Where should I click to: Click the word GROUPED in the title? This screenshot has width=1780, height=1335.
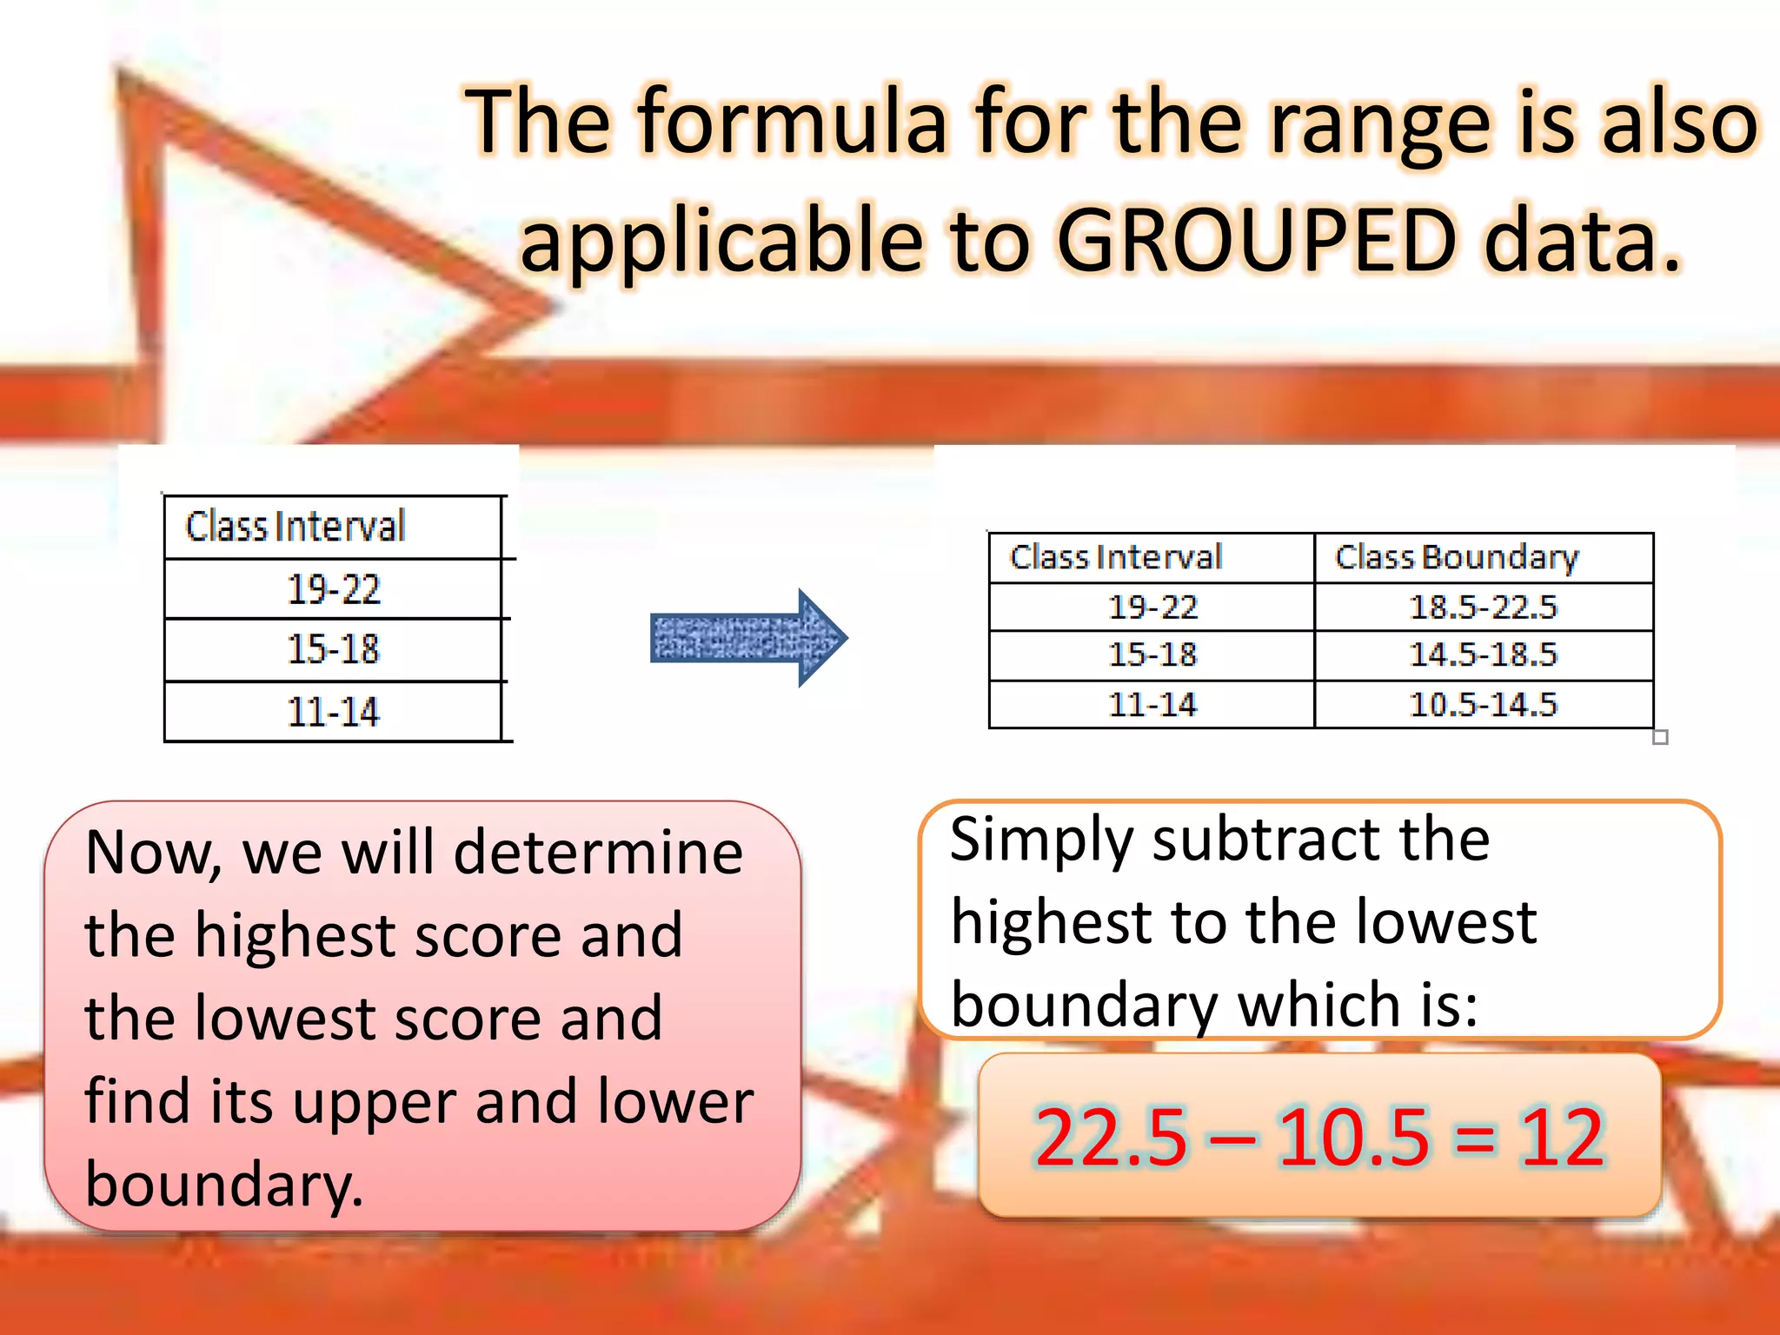click(1256, 240)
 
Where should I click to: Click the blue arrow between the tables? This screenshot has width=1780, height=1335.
click(748, 638)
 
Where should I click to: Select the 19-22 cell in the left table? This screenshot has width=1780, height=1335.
click(334, 589)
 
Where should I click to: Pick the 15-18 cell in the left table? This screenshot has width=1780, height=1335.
click(334, 649)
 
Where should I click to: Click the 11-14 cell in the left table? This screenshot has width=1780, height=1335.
click(334, 712)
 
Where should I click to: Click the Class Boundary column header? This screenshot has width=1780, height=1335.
click(1457, 557)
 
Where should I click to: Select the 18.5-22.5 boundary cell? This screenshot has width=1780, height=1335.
click(1483, 607)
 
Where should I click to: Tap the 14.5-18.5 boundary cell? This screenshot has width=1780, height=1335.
click(1483, 654)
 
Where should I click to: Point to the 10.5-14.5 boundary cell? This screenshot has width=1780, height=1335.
click(1483, 704)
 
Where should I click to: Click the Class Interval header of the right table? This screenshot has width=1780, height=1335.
click(1116, 557)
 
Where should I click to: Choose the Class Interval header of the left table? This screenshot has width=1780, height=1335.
click(296, 527)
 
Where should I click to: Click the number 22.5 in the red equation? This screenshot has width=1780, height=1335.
click(1110, 1137)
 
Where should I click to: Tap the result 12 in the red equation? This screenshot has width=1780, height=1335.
click(1561, 1137)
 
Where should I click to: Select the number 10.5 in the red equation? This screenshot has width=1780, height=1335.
click(1352, 1137)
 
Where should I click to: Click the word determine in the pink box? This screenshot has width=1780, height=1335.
click(599, 853)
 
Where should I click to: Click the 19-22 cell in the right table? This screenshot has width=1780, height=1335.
click(1152, 607)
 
